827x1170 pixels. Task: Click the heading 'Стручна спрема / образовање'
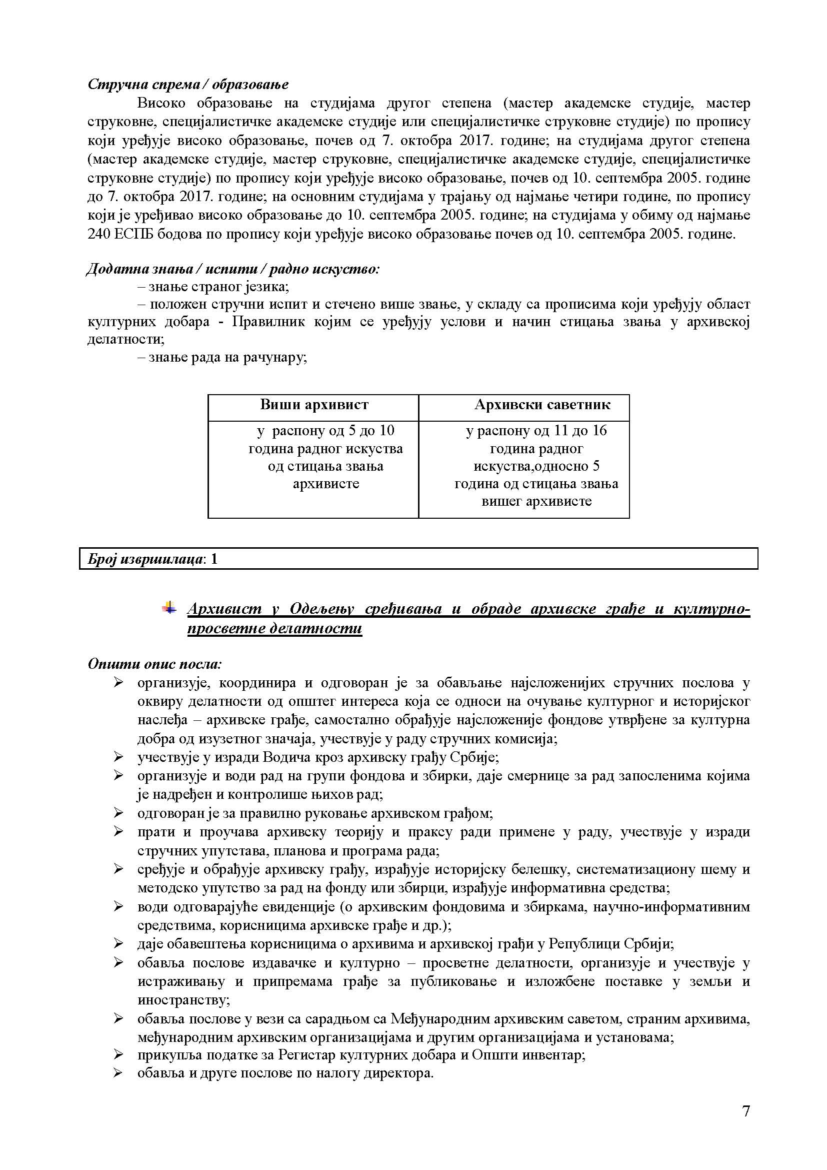click(188, 84)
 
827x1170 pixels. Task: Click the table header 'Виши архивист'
click(313, 405)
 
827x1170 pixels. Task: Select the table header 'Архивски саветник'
click(542, 405)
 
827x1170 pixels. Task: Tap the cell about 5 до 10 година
click(325, 457)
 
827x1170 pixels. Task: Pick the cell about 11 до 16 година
click(536, 466)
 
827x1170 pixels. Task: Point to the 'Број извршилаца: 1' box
click(418, 559)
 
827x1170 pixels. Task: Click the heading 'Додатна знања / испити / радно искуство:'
click(232, 269)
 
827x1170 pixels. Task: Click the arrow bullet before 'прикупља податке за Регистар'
click(118, 1055)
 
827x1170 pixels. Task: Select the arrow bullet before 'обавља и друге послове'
click(118, 1073)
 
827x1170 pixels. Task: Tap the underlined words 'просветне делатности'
click(274, 628)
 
